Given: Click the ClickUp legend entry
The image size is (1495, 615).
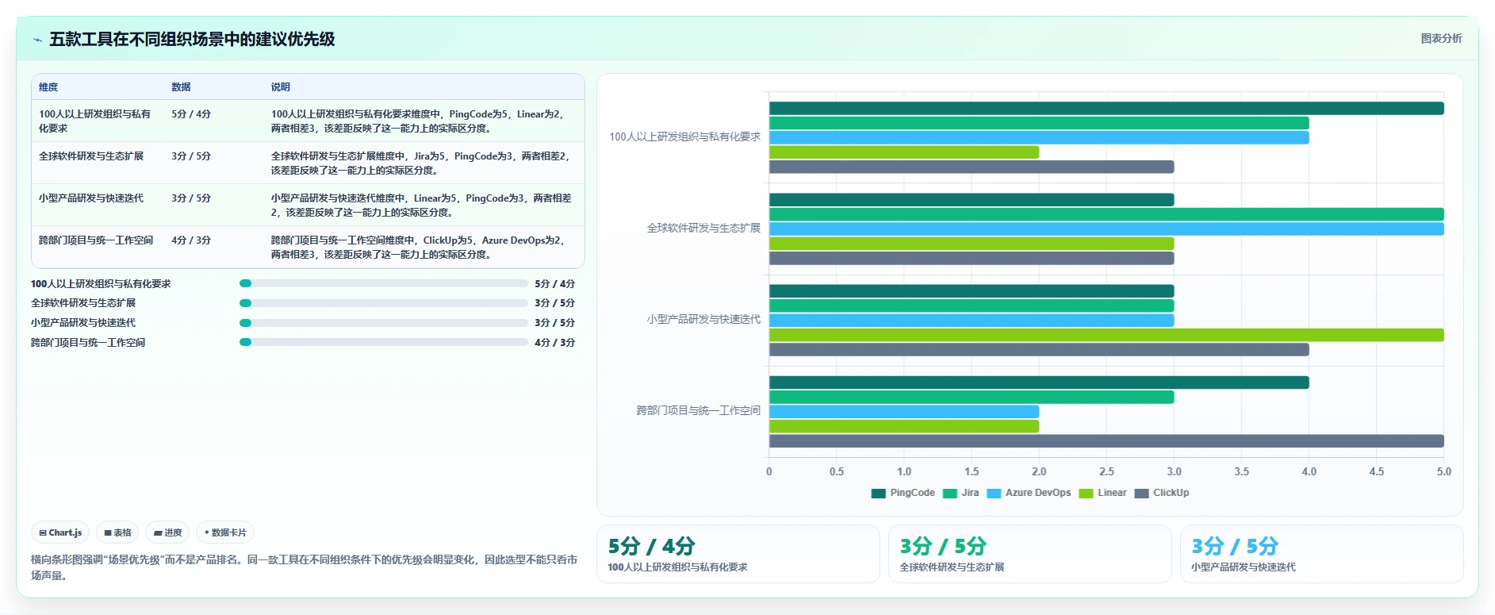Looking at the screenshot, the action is [x=1162, y=493].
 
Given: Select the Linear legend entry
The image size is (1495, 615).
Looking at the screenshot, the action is [x=1102, y=493].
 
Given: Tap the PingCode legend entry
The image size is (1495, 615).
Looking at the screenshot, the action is [x=903, y=493].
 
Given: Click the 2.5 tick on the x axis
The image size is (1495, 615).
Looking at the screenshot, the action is [x=1106, y=471].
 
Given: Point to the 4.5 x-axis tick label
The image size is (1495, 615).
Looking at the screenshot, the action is [x=1376, y=471].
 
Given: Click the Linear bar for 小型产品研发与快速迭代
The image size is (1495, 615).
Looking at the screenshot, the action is [x=1106, y=335].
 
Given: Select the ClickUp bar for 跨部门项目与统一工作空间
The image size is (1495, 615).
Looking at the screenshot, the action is [x=1106, y=441].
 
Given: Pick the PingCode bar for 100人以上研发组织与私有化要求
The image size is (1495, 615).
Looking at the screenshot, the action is [x=1106, y=109].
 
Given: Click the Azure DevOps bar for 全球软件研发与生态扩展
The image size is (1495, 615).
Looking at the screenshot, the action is [x=1106, y=229].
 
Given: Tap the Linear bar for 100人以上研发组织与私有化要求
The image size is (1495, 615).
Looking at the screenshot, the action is [x=904, y=152].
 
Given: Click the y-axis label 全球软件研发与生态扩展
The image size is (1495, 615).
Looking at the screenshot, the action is [x=703, y=228].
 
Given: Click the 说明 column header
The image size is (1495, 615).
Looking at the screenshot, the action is [x=281, y=87].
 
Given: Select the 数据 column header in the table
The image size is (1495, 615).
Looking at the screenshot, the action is [x=181, y=87].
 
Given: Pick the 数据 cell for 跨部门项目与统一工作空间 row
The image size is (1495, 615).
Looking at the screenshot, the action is [x=191, y=240].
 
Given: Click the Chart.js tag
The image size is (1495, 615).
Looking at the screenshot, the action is [x=60, y=532].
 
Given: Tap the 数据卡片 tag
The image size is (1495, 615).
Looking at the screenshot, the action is [x=225, y=532].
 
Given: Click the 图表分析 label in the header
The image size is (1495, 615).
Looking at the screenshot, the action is [x=1441, y=38].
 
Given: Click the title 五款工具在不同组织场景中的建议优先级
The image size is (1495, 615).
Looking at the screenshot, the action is [x=192, y=39].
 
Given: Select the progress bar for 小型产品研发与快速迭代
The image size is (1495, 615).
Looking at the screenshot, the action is [x=384, y=323].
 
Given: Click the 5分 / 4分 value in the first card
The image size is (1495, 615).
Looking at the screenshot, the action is [x=651, y=546].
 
